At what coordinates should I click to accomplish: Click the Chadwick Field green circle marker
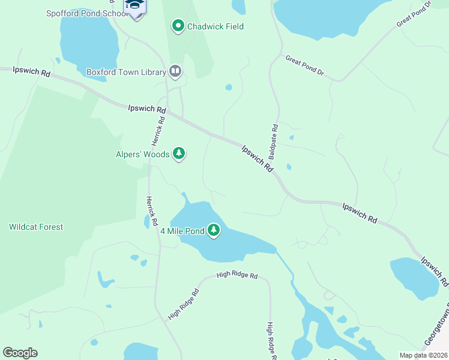click(178, 26)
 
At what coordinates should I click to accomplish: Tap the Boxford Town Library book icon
click(175, 72)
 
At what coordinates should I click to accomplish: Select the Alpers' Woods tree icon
click(178, 154)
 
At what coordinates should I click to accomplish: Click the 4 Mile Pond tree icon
click(214, 230)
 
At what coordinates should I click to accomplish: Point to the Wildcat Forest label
click(36, 227)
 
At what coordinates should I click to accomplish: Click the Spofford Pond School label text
click(84, 13)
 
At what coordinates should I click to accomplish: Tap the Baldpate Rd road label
click(274, 142)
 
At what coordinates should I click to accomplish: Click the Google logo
click(20, 353)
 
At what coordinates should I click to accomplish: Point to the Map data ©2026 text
click(423, 355)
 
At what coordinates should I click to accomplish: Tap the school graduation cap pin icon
click(135, 6)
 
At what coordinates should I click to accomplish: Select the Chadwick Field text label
click(215, 26)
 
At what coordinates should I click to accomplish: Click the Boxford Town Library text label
click(126, 72)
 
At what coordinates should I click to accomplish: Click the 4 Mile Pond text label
click(182, 230)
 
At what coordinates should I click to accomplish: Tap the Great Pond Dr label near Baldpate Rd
click(304, 65)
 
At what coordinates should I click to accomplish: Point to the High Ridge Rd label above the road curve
click(237, 276)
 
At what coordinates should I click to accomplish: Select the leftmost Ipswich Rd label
click(32, 71)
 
